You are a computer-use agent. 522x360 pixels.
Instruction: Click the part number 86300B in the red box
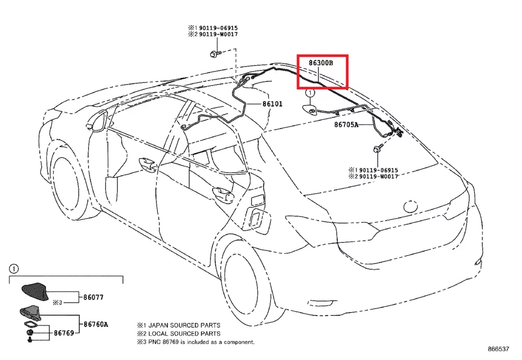click(x=321, y=63)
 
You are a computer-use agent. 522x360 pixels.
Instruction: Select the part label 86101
click(x=271, y=104)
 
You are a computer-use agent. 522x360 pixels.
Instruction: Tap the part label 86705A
click(x=347, y=125)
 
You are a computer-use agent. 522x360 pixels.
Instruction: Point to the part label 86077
click(x=94, y=298)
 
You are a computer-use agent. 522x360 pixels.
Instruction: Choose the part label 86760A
click(x=97, y=324)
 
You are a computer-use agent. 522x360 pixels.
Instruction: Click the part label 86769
click(x=63, y=332)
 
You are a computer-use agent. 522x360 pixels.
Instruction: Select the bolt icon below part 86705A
click(x=376, y=150)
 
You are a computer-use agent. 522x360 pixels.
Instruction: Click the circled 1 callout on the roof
click(x=310, y=93)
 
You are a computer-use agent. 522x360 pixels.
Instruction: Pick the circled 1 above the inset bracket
click(x=14, y=269)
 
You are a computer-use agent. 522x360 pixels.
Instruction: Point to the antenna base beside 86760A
click(x=31, y=313)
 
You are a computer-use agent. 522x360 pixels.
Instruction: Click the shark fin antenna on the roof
click(x=311, y=109)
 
